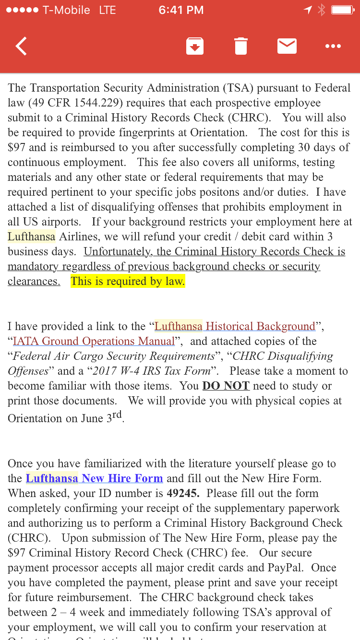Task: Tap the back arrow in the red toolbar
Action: (x=21, y=47)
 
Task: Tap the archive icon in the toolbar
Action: (x=195, y=47)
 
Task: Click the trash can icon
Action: (x=241, y=47)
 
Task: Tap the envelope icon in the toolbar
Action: (x=287, y=46)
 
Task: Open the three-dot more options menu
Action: (x=333, y=47)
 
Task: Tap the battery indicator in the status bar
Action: (x=343, y=10)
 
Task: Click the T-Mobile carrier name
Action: (x=66, y=10)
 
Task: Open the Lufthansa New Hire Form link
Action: (x=94, y=478)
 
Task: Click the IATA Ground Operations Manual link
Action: (x=94, y=341)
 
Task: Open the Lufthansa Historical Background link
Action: (x=235, y=326)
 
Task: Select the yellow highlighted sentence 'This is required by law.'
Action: (x=128, y=281)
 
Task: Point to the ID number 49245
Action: (x=183, y=493)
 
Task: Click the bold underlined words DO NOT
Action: (x=226, y=386)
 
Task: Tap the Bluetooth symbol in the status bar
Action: (x=321, y=10)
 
